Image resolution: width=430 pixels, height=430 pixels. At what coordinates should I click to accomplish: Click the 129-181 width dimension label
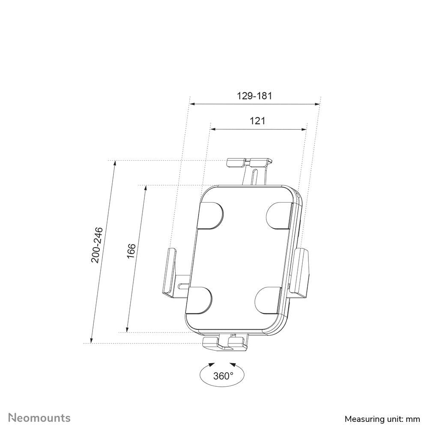[254, 96]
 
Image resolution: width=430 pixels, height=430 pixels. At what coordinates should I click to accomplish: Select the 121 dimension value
[257, 121]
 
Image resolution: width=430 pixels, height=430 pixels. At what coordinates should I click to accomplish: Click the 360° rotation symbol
[223, 376]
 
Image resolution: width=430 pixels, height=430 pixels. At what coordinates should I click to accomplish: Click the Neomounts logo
[40, 418]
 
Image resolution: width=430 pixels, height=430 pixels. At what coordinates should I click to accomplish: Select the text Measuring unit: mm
[382, 418]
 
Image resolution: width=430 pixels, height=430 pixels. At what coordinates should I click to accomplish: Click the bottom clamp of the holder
[225, 342]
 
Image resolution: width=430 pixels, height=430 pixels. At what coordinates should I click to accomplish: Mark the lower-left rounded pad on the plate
[200, 299]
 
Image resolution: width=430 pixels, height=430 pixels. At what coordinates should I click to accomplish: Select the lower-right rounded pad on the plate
[270, 299]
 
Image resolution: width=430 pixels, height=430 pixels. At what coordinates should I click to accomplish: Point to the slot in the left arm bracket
[183, 284]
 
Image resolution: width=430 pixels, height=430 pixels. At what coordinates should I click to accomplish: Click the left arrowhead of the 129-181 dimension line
[192, 104]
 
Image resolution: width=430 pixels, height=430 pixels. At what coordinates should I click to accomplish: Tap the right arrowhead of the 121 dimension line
[305, 129]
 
